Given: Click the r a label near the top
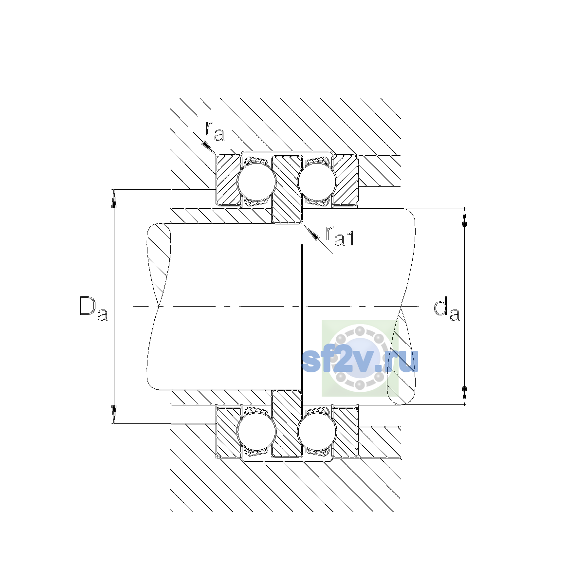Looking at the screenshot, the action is (215, 131).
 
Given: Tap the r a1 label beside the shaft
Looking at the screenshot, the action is (339, 236).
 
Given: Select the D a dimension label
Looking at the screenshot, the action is (93, 308).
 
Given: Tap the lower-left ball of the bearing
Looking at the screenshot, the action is (256, 432).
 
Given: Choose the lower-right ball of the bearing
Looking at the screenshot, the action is (317, 432).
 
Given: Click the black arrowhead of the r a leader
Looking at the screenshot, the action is (208, 146).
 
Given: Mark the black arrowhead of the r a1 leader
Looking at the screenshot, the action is (313, 234).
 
